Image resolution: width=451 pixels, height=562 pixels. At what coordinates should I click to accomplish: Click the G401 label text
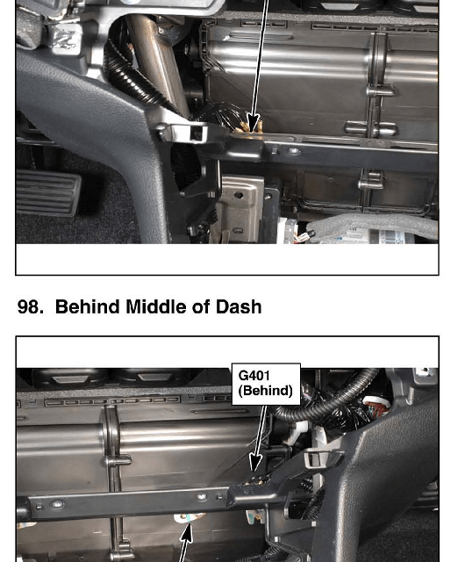coord(254,376)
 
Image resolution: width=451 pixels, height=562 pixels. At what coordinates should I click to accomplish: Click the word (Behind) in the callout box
coord(266,390)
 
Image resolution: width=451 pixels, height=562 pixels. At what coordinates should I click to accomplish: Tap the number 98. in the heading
coord(31,306)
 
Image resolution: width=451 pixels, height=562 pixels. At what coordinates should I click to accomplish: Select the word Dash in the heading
coord(239,306)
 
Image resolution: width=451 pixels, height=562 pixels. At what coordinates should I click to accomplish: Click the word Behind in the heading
coord(87,306)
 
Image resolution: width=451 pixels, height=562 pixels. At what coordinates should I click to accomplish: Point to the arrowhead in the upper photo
coord(253,123)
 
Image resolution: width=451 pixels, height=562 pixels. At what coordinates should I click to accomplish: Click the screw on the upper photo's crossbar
coord(295,151)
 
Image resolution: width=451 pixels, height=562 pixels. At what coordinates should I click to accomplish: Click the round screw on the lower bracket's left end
coord(58,505)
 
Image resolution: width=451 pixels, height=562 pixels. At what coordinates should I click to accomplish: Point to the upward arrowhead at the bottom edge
coord(186,533)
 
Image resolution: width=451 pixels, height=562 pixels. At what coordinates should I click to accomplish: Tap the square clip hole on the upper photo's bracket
coord(197,133)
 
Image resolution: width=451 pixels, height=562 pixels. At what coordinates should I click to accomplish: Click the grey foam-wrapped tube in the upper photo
coord(373,225)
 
